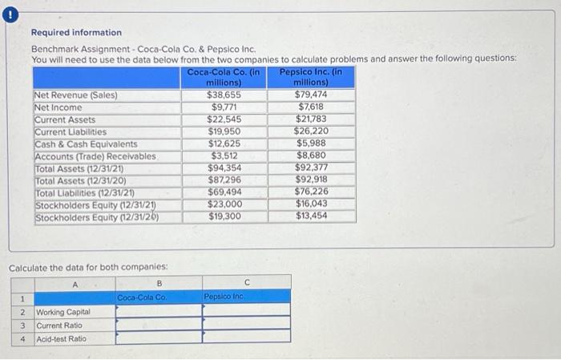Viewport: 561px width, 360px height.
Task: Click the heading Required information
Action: click(76, 32)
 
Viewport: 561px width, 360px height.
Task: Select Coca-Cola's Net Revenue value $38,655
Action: click(225, 95)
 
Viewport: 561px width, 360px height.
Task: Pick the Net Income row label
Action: click(58, 107)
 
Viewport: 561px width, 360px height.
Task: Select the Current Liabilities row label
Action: click(71, 131)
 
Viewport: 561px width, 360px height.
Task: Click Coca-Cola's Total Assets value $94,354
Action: click(225, 168)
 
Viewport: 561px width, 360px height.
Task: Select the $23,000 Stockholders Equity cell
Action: click(225, 204)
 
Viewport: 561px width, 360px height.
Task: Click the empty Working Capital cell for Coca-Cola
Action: click(159, 310)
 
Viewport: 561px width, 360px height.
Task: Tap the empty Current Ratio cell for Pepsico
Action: click(246, 325)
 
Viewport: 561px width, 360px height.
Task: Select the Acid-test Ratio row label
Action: click(62, 338)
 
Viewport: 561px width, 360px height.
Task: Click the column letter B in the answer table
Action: click(159, 282)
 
